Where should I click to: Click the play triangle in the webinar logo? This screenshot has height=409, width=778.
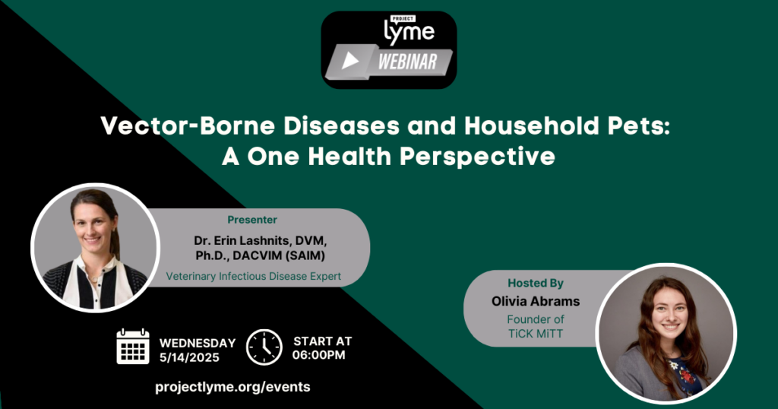pyautogui.click(x=350, y=61)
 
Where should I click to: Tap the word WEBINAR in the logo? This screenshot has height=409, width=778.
pyautogui.click(x=408, y=62)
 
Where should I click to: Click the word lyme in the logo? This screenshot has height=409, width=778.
pyautogui.click(x=410, y=32)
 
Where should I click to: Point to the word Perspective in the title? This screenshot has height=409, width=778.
pyautogui.click(x=477, y=157)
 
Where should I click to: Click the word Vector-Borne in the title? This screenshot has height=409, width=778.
pyautogui.click(x=188, y=125)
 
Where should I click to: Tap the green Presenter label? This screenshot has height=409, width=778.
pyautogui.click(x=252, y=220)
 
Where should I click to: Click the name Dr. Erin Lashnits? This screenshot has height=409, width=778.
pyautogui.click(x=242, y=241)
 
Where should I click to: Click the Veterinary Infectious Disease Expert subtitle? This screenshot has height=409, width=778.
pyautogui.click(x=254, y=276)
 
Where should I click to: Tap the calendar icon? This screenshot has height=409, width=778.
pyautogui.click(x=133, y=347)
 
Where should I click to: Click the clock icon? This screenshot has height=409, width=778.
pyautogui.click(x=264, y=347)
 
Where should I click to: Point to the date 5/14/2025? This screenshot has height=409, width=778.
pyautogui.click(x=189, y=357)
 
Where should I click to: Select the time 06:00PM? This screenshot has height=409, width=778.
pyautogui.click(x=318, y=355)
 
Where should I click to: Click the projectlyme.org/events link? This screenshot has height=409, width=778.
pyautogui.click(x=232, y=387)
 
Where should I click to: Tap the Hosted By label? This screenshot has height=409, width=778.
pyautogui.click(x=536, y=283)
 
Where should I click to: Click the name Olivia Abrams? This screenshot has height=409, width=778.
pyautogui.click(x=536, y=301)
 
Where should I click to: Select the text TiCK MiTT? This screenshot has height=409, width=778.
pyautogui.click(x=536, y=333)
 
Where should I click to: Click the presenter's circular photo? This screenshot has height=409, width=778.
pyautogui.click(x=95, y=247)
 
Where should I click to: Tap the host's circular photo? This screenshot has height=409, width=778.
pyautogui.click(x=666, y=333)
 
